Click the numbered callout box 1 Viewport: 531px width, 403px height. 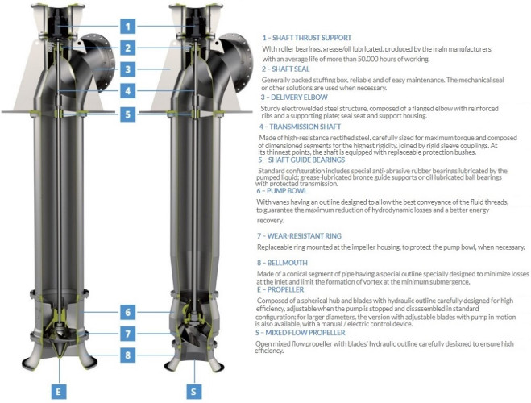coord(127,25)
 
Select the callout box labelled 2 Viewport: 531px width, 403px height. coord(127,48)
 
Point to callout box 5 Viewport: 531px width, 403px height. coord(127,114)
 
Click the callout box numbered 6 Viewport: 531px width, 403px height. coord(127,312)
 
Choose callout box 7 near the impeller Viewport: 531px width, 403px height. coord(127,333)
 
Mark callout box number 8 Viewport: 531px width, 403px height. coord(127,354)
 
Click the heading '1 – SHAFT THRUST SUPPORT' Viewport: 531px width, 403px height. coord(306,38)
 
